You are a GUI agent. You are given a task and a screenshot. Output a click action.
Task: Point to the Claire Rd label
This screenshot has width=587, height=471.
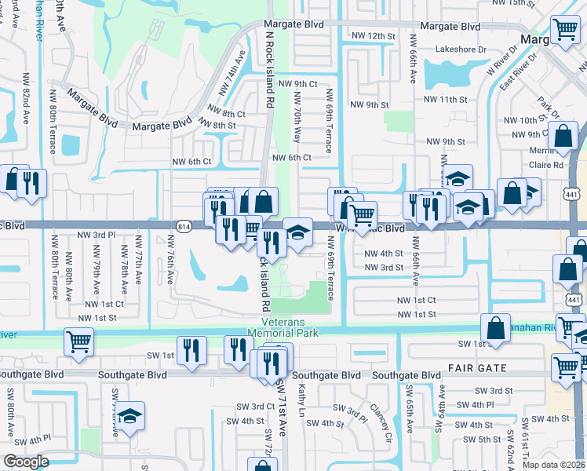[x=547, y=166]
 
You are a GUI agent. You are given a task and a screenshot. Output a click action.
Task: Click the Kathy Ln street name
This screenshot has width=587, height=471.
[x=300, y=400]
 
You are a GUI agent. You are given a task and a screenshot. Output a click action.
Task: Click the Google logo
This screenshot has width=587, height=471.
[x=26, y=461]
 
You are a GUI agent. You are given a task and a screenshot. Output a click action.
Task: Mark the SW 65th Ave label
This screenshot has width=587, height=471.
[x=410, y=407]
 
